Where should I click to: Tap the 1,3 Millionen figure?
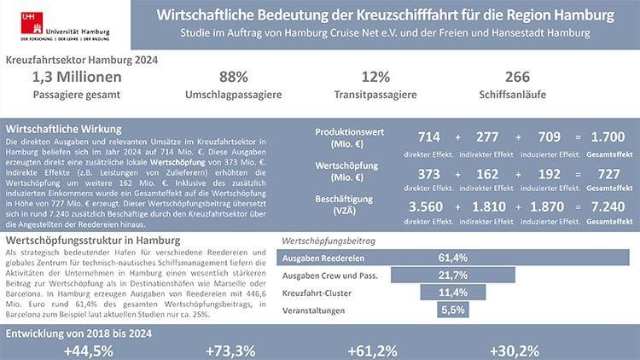pyautogui.click(x=76, y=77)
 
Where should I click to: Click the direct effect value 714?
pyautogui.click(x=429, y=137)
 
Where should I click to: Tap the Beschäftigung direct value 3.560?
pyautogui.click(x=429, y=208)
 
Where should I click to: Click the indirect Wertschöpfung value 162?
pyautogui.click(x=487, y=174)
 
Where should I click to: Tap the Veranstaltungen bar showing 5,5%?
pyautogui.click(x=451, y=310)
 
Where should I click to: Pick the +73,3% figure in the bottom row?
pyautogui.click(x=231, y=351)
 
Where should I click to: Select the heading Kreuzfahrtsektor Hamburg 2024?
pyautogui.click(x=82, y=61)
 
